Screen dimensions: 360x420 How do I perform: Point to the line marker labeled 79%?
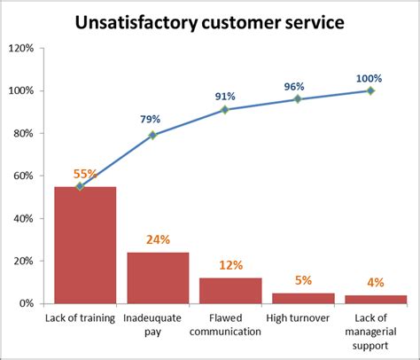pyautogui.click(x=152, y=135)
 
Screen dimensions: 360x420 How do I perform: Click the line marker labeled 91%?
pyautogui.click(x=225, y=110)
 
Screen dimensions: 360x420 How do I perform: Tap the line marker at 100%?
pyautogui.click(x=370, y=90)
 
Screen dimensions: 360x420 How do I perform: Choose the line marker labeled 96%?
pyautogui.click(x=298, y=99)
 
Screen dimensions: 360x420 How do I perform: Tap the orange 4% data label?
pyautogui.click(x=376, y=283)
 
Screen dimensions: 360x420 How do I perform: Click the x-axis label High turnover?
pyautogui.click(x=298, y=318)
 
